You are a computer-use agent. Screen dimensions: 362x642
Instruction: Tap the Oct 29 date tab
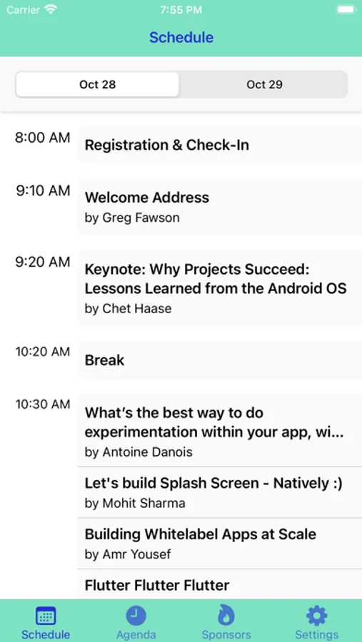pos(264,85)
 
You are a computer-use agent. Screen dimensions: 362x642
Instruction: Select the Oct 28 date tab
pos(98,85)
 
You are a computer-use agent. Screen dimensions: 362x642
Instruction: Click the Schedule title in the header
pos(181,38)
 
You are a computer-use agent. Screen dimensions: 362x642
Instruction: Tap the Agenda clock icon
pos(136,616)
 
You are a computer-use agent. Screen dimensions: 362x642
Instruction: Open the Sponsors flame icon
pos(226,616)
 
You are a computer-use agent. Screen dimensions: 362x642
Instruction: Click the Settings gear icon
pos(317,616)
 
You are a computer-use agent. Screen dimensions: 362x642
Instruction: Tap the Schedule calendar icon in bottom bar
pos(46,616)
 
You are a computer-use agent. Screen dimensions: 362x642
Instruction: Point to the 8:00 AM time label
pos(43,138)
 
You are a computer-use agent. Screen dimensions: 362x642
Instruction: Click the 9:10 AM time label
pos(43,190)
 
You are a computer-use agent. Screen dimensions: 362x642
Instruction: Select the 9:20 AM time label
pos(43,262)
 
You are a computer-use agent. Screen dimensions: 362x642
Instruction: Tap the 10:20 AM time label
pos(43,352)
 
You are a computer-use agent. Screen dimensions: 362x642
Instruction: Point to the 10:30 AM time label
pos(43,404)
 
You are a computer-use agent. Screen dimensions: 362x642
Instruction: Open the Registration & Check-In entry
pos(167,145)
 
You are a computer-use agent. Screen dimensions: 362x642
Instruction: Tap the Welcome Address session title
pos(147,198)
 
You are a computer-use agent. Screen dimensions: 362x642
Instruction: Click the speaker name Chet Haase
pos(137,308)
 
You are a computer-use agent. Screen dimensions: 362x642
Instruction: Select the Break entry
pos(104,360)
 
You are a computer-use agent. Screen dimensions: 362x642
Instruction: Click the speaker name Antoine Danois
pos(148,452)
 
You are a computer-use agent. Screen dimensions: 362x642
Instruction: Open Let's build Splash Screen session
pos(213,484)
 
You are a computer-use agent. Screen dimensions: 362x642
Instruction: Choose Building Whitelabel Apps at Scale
pos(201,534)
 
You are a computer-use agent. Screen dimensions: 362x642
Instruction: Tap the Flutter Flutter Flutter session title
pos(157,585)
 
